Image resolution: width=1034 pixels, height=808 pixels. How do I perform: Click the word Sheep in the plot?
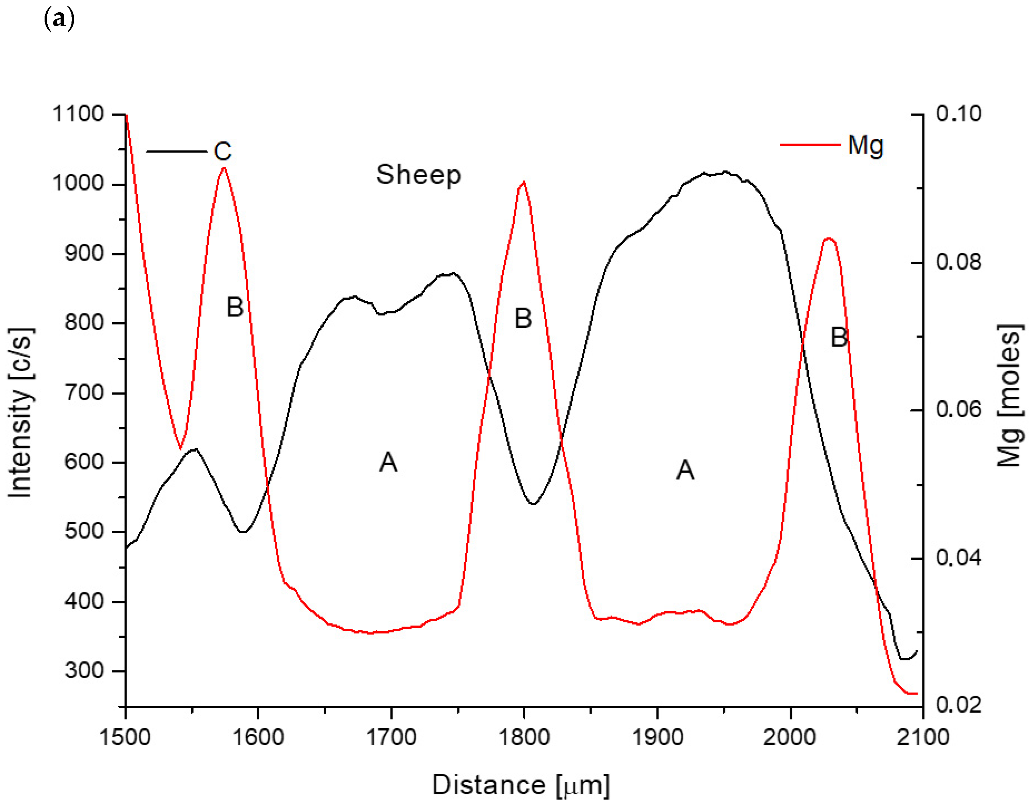pos(419,175)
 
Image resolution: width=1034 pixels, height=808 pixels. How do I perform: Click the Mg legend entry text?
pos(866,145)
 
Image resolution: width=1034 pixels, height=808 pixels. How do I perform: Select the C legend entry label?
pos(223,152)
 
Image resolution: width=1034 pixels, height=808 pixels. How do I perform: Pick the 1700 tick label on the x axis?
pos(391,738)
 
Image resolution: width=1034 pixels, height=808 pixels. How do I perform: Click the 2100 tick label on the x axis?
pos(923,738)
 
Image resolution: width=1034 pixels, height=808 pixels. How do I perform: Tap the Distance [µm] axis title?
pos(521,785)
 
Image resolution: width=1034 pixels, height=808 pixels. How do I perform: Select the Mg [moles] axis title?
pos(1009,396)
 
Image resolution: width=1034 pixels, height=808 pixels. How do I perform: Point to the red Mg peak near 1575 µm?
pos(224,169)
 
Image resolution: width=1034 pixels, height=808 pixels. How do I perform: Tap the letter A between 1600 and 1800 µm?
pos(388,462)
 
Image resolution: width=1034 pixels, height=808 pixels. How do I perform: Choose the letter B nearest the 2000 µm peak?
pos(839,338)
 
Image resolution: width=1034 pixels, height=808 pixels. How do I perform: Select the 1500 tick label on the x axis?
pos(125,738)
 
